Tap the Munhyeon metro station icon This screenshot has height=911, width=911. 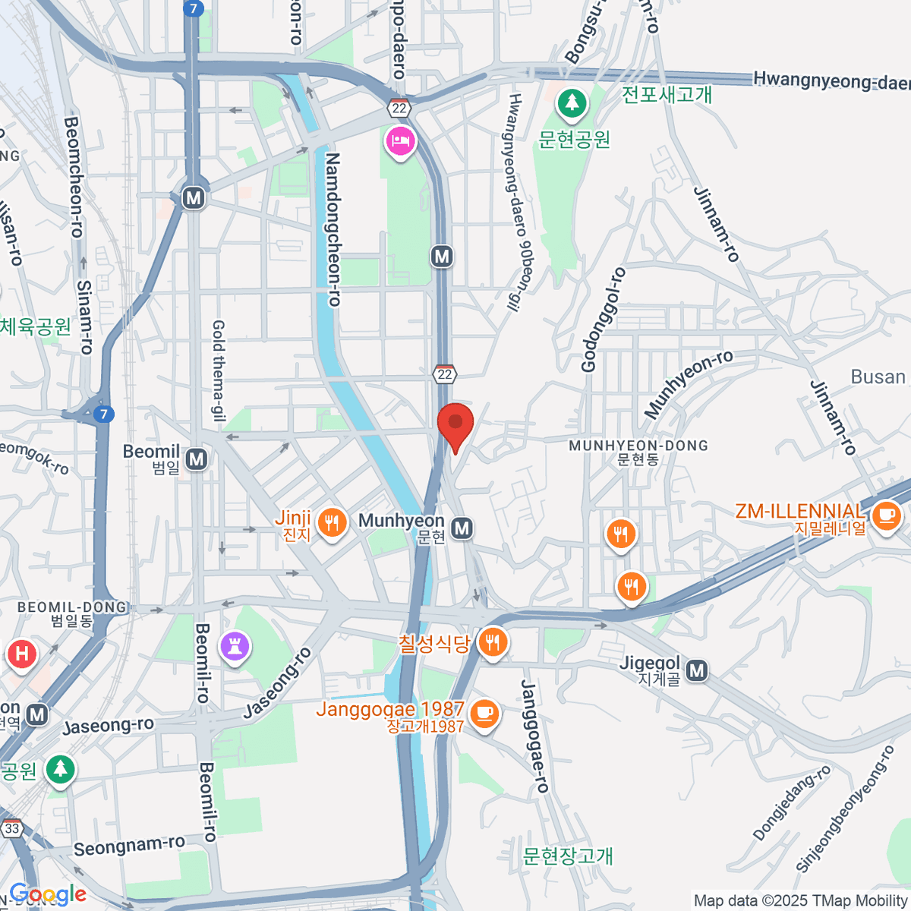click(462, 528)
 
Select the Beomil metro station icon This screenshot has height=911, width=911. click(197, 459)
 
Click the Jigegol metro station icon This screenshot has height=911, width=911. click(696, 670)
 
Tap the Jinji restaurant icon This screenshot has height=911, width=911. click(331, 522)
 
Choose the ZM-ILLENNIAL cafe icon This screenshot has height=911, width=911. click(885, 517)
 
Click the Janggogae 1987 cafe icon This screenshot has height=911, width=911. click(484, 714)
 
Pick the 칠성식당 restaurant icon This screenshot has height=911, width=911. click(493, 642)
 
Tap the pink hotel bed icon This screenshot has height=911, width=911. click(399, 141)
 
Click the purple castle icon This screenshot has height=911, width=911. click(235, 647)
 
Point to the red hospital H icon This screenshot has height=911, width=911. click(21, 654)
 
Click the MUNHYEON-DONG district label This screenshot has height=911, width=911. click(638, 446)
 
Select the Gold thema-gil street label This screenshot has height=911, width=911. click(219, 370)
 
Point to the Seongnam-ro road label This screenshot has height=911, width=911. click(129, 846)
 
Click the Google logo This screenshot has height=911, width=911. click(49, 894)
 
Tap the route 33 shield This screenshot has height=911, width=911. click(12, 828)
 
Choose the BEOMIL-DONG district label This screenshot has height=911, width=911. click(71, 607)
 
